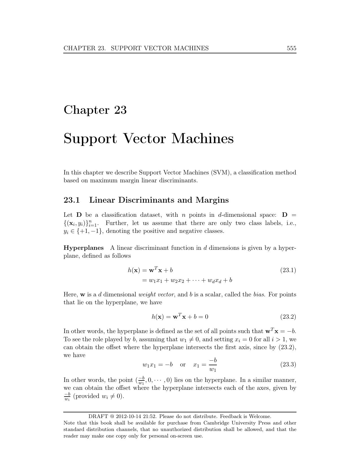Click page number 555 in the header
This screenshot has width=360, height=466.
291,48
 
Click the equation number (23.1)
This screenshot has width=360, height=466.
288,270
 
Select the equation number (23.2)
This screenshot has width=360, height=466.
288,317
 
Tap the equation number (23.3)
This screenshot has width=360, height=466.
288,365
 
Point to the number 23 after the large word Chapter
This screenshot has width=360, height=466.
120,110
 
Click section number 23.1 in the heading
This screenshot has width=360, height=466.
72,200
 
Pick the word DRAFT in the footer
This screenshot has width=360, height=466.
98,416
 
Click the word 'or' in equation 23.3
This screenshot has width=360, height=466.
183,365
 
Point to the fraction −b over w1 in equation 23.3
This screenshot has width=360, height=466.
213,365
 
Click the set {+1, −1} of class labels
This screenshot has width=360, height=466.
90,231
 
